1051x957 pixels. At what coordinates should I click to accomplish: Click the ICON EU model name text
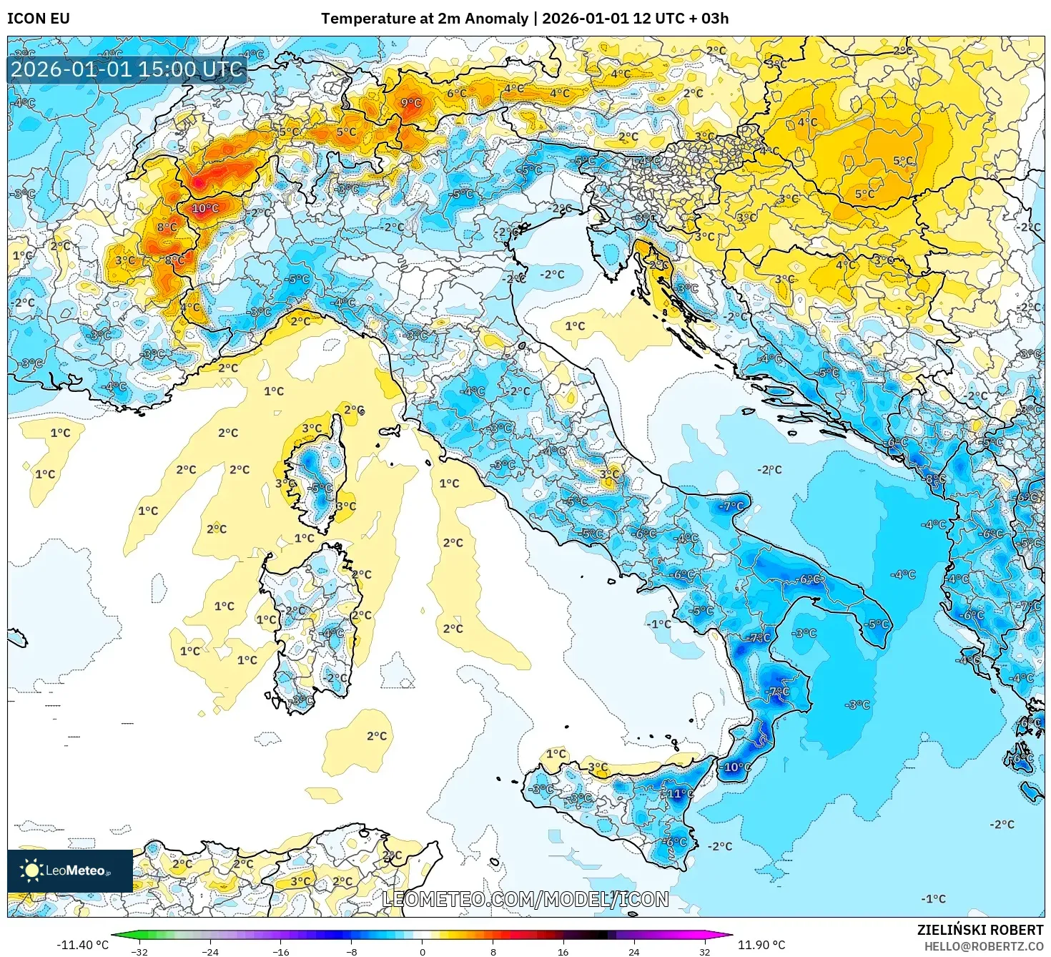[x=39, y=19]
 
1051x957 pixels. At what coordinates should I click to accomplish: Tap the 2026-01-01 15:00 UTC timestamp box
[x=127, y=69]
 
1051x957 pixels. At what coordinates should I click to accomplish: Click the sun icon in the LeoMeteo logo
[x=31, y=870]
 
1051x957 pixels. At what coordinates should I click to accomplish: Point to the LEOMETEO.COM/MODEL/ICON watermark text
[x=525, y=899]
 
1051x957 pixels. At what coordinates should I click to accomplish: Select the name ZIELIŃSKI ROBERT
[x=980, y=930]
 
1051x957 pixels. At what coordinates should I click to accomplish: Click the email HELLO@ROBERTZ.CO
[x=989, y=946]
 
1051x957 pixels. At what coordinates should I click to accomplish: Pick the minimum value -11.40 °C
[x=82, y=945]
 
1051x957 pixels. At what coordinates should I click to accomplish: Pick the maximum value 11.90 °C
[x=761, y=945]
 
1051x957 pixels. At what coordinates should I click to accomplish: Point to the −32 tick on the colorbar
[x=139, y=951]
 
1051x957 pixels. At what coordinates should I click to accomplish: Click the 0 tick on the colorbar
[x=423, y=951]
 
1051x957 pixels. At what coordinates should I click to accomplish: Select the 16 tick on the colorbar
[x=563, y=951]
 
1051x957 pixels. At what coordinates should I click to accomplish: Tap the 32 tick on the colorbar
[x=705, y=951]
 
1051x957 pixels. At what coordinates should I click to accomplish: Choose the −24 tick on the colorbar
[x=210, y=951]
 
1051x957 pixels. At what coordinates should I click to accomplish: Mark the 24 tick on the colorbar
[x=634, y=951]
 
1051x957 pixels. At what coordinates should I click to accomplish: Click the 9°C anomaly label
[x=410, y=103]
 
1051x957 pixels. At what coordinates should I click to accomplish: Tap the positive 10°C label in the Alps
[x=205, y=208]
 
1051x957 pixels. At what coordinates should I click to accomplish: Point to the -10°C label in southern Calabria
[x=736, y=767]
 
